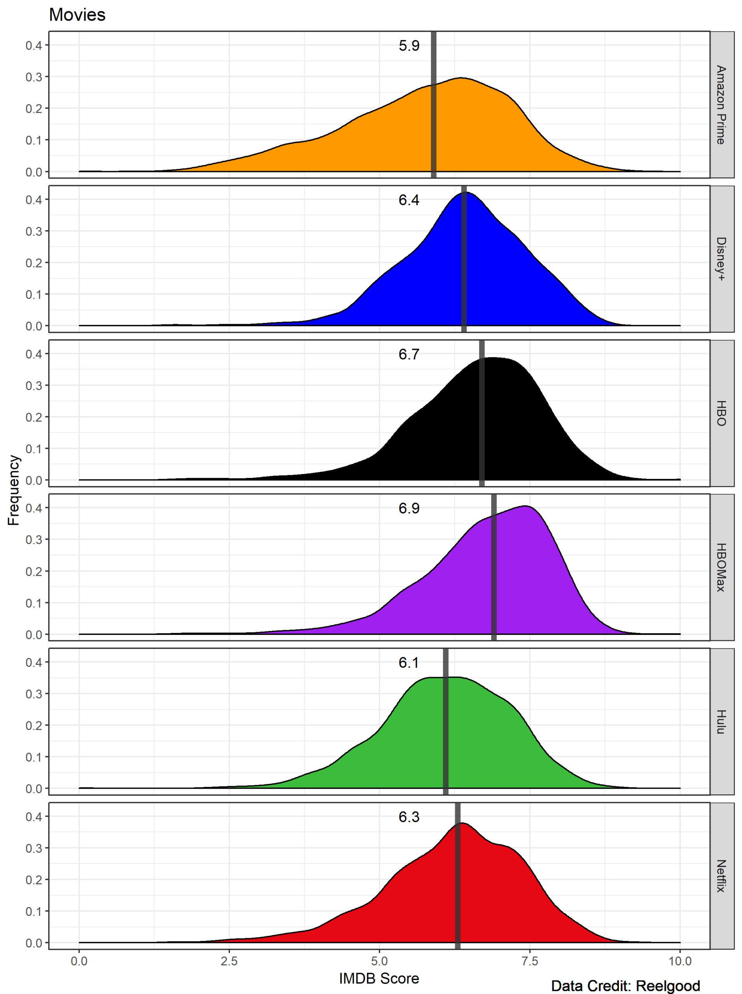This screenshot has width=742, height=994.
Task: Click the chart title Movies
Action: [x=77, y=15]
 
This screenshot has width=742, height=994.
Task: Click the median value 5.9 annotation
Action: [x=409, y=46]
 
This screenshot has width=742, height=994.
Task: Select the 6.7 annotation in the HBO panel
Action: [x=409, y=354]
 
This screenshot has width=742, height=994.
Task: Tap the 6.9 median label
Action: [x=409, y=508]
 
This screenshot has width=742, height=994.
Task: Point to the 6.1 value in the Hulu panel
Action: [x=409, y=662]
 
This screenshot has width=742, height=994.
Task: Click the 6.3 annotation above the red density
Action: [x=409, y=817]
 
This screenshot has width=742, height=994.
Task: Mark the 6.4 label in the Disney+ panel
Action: [x=409, y=200]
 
